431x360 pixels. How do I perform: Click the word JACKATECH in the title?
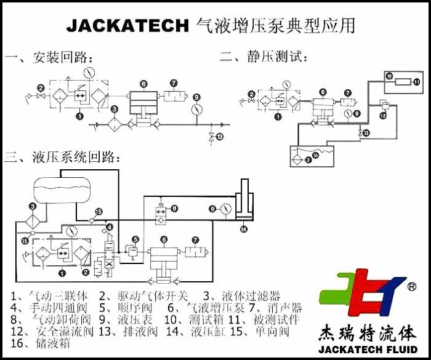(x=127, y=25)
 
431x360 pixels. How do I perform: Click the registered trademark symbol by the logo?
(x=411, y=287)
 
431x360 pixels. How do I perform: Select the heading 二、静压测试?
(x=264, y=57)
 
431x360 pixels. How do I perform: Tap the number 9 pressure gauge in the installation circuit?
(x=196, y=110)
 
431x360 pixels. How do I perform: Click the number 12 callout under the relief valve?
(x=382, y=115)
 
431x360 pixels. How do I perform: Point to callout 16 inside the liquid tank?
(x=315, y=156)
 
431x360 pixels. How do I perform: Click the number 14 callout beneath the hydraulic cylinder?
(x=244, y=230)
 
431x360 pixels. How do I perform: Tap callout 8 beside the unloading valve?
(x=175, y=209)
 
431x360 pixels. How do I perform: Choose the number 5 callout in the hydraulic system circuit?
(x=135, y=239)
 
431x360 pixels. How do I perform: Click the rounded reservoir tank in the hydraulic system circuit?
(x=62, y=189)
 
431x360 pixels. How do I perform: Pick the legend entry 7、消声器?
(x=275, y=307)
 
